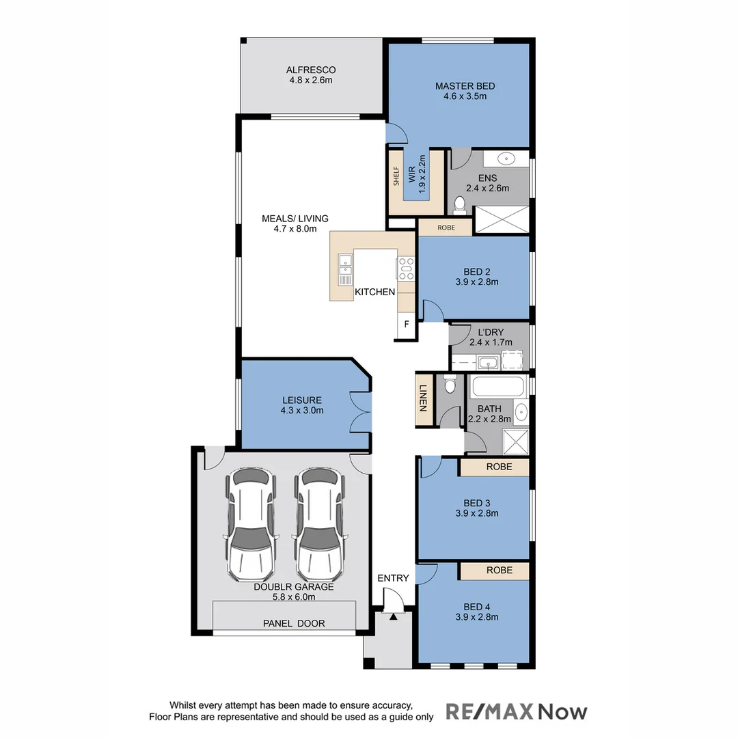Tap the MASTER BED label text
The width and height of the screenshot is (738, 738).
[465, 86]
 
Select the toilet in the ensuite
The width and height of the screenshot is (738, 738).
[460, 203]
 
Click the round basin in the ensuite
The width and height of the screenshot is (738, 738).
[506, 159]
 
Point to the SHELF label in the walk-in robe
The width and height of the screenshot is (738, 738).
[396, 176]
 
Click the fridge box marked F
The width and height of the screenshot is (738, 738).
[407, 324]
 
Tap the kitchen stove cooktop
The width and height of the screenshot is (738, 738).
[407, 268]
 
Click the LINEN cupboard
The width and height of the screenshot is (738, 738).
[424, 399]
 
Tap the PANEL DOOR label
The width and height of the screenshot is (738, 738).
[294, 623]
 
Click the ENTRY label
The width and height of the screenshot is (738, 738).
[393, 578]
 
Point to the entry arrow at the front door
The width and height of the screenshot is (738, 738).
[393, 616]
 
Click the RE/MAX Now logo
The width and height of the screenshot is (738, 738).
[516, 711]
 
